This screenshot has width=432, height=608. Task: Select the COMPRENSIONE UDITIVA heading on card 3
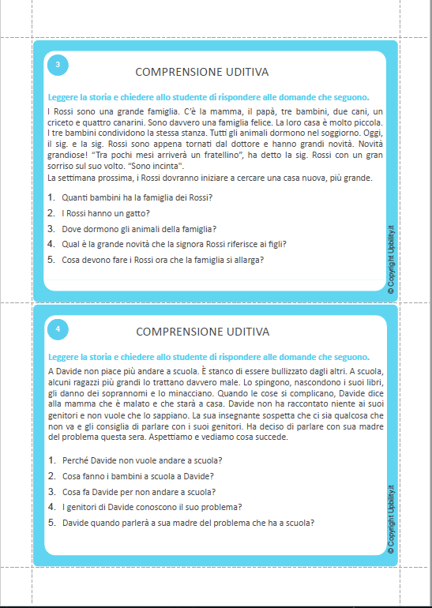tap(202, 71)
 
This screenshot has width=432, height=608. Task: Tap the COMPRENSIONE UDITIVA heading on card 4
tap(202, 331)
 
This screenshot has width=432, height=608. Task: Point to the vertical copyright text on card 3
tap(391, 260)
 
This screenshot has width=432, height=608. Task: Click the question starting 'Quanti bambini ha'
tap(137, 197)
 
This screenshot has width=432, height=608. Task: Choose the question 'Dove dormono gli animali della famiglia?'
tap(138, 228)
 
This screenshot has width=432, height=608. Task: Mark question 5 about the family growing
tap(162, 259)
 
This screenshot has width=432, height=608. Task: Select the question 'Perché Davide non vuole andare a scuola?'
tap(141, 460)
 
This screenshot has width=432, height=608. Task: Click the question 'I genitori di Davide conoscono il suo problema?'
tap(151, 506)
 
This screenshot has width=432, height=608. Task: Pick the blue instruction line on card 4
tap(208, 357)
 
